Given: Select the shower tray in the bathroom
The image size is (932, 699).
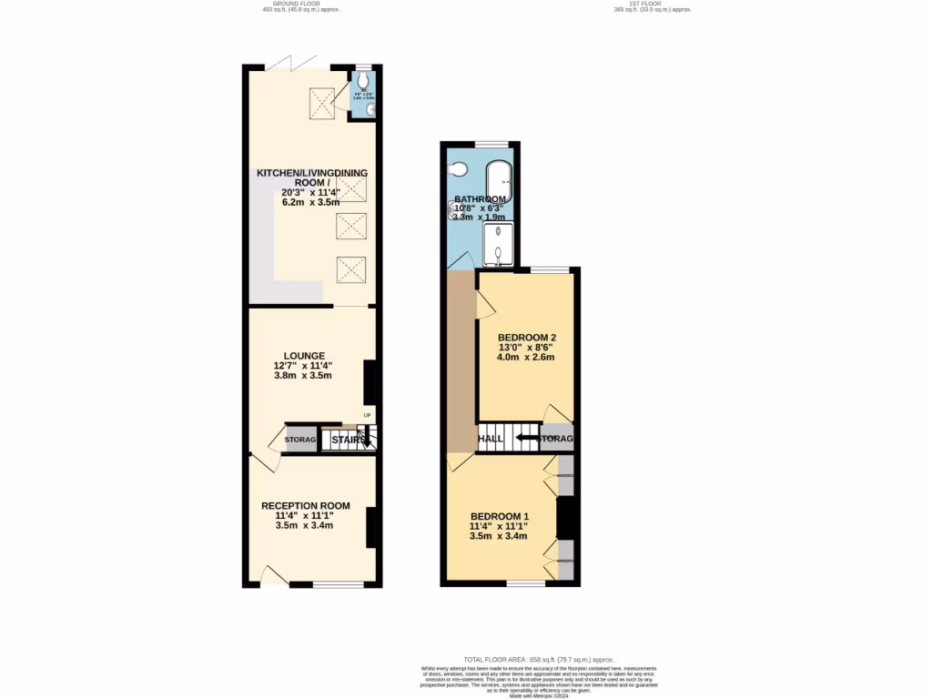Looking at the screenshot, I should click(x=498, y=244).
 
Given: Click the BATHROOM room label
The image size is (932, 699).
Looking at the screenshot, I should click(x=480, y=199).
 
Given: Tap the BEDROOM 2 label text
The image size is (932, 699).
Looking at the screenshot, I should click(x=526, y=335).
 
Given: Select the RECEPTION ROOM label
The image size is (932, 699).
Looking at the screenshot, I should click(x=305, y=506).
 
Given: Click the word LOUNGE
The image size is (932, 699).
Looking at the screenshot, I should click(x=304, y=356).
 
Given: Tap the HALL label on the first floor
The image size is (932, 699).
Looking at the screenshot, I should click(x=491, y=439).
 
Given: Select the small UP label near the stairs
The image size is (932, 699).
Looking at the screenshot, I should click(x=368, y=417).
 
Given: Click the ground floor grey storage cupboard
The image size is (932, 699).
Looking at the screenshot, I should click(x=300, y=441).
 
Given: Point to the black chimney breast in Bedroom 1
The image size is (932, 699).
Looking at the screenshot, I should click(x=566, y=518).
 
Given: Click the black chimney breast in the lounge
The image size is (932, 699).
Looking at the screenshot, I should click(x=370, y=382).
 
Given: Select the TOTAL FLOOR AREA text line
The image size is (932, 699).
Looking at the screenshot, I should click(x=538, y=659).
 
